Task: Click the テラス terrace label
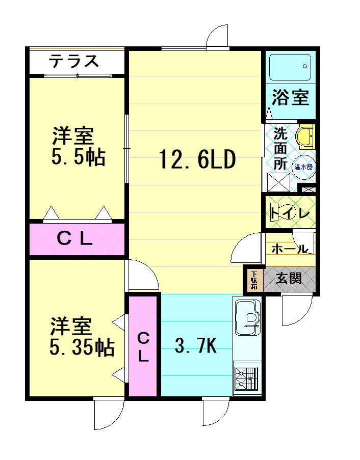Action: (74, 61)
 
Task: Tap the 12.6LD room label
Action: (196, 160)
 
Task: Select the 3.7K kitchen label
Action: (196, 346)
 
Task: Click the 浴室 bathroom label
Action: (290, 97)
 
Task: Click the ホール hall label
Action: (289, 249)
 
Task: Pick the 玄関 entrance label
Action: (289, 278)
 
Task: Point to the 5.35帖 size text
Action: (81, 348)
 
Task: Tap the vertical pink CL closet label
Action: (143, 346)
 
